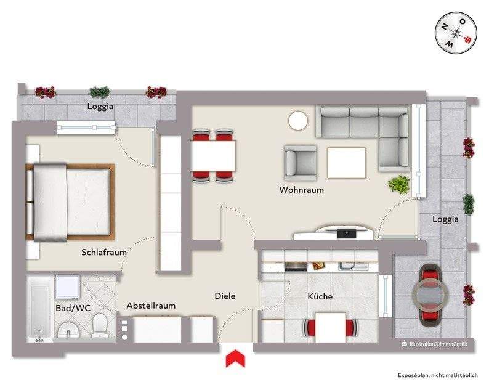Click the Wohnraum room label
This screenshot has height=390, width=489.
coord(301,190)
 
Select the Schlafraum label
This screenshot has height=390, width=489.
coord(104,252)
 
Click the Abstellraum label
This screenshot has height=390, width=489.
coord(151,306)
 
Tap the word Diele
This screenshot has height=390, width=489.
coord(225,296)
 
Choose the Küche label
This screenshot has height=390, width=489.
coord(320,296)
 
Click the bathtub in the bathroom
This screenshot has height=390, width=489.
coord(40,308)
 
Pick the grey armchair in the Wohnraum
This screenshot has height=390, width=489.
coord(299,162)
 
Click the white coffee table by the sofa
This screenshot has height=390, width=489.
coord(347,163)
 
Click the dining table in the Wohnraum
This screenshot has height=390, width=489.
coord(213,156)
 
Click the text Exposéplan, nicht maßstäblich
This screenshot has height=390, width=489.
coord(441,375)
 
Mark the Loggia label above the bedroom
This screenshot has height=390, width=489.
coord(100,106)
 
